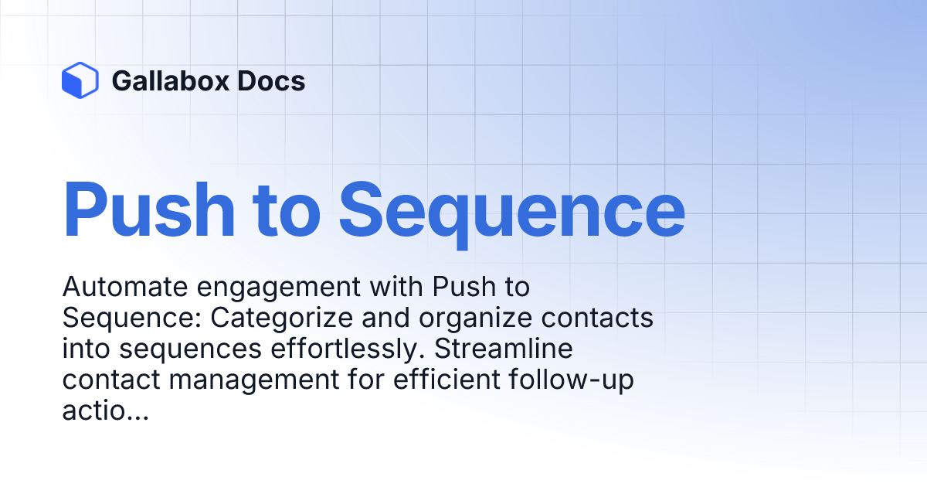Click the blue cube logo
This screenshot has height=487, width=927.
pyautogui.click(x=80, y=80)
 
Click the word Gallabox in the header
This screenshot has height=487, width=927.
pyautogui.click(x=171, y=80)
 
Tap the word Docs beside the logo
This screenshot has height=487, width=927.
pyautogui.click(x=271, y=80)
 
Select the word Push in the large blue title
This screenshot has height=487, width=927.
pyautogui.click(x=148, y=209)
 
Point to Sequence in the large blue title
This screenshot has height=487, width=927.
pyautogui.click(x=512, y=215)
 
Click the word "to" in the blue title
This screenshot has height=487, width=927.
pyautogui.click(x=287, y=211)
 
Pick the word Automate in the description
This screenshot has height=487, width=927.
pyautogui.click(x=125, y=287)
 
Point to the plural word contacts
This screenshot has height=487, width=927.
pyautogui.click(x=597, y=318)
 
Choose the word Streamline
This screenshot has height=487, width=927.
pyautogui.click(x=504, y=349)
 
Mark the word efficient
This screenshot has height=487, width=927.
pyautogui.click(x=447, y=380)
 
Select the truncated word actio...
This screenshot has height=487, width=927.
pyautogui.click(x=106, y=410)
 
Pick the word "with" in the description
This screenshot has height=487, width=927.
pyautogui.click(x=396, y=287)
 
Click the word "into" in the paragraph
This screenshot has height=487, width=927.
pyautogui.click(x=86, y=349)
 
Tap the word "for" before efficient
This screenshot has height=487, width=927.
pyautogui.click(x=366, y=380)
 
